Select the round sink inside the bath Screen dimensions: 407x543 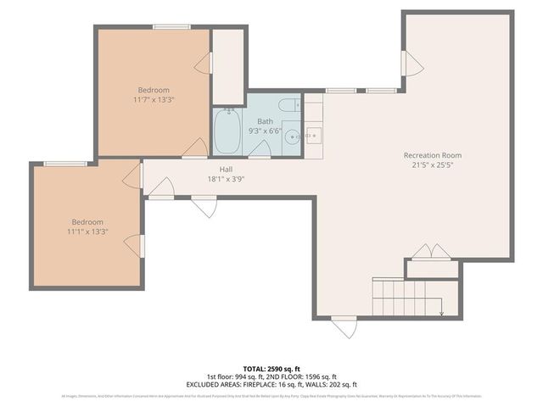[291, 136]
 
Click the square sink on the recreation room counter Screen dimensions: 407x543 [313, 135]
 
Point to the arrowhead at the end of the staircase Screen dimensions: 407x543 [441, 313]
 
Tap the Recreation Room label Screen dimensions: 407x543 [432, 155]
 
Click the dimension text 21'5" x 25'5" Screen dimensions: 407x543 [432, 166]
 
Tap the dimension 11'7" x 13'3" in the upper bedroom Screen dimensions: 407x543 [154, 100]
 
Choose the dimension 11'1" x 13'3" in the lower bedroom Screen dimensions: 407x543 [87, 231]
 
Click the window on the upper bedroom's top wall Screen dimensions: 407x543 [171, 27]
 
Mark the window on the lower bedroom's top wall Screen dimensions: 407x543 [65, 163]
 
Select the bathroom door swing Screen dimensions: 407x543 [260, 149]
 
